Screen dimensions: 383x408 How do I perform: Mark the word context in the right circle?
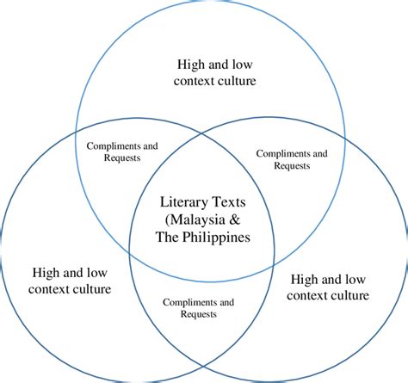pos(306,296)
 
